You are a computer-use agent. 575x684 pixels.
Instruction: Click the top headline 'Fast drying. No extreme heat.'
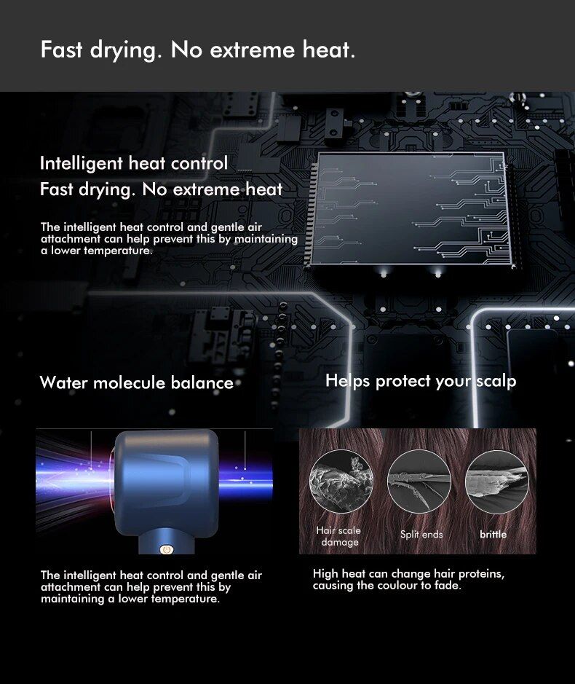coord(197,50)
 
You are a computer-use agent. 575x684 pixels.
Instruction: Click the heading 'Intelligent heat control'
coord(134,164)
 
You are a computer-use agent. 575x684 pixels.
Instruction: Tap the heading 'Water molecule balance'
coord(137,382)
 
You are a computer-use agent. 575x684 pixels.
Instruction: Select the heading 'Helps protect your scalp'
coord(421,381)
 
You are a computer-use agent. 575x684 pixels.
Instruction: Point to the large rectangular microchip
coord(410,209)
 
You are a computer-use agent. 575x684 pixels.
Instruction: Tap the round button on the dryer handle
coord(165,549)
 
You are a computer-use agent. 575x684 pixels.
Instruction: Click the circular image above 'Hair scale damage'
coord(341,481)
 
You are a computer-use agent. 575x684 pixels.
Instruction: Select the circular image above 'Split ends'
coord(419,481)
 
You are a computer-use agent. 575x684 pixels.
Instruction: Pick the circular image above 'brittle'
coord(497,481)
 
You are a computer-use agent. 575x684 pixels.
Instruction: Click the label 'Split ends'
coord(421,535)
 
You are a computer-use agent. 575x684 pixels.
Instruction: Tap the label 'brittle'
coord(493,534)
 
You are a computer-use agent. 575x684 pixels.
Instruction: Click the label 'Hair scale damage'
coord(338,536)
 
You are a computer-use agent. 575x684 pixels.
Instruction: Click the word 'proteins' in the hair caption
coord(482,573)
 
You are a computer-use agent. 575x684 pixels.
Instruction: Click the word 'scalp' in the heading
coord(496,381)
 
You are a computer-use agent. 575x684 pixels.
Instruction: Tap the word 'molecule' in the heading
coord(130,382)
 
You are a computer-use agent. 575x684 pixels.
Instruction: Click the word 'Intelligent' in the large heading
coord(81,164)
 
